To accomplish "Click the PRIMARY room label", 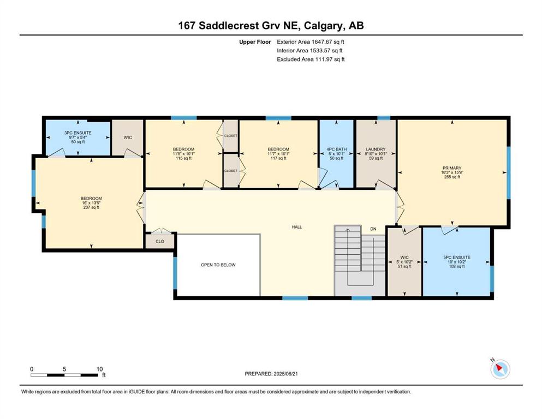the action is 452,168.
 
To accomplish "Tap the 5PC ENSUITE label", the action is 457,258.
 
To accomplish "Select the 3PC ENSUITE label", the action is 78,133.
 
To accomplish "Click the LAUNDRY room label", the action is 376,149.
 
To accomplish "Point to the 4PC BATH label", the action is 336,149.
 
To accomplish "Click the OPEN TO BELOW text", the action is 218,265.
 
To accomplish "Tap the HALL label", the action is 296,227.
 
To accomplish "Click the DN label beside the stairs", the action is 373,229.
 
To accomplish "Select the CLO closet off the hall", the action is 160,242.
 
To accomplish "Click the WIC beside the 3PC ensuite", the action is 128,137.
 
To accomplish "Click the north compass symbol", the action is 500,369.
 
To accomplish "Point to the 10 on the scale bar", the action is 99,369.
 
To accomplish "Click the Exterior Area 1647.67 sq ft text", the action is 311,42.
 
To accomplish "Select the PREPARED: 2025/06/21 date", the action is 271,374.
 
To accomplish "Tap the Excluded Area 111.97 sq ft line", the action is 311,59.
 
